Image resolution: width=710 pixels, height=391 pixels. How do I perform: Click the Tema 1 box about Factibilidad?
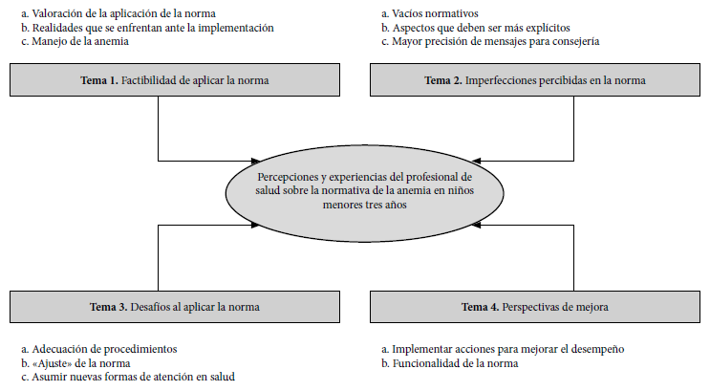[175, 79]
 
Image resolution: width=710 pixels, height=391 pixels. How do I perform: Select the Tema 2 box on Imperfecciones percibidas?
[535, 79]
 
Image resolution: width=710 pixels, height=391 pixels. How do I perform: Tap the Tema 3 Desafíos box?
[175, 307]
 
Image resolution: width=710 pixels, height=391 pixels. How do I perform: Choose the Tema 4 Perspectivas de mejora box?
[535, 307]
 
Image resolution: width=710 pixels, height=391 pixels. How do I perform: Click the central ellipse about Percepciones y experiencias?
[364, 193]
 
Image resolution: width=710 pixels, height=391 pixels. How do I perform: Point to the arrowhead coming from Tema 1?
[256, 161]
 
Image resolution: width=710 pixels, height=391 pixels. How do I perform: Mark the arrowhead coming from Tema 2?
[476, 161]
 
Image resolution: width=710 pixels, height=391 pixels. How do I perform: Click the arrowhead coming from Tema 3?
[256, 226]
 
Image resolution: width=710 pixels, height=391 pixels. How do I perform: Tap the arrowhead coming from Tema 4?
[476, 226]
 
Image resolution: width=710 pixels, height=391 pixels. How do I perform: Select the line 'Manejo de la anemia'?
[75, 41]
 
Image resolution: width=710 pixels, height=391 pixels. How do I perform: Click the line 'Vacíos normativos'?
[430, 13]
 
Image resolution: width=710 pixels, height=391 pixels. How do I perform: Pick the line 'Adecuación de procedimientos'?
[98, 349]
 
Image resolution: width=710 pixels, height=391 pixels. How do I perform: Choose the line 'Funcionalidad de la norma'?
[450, 363]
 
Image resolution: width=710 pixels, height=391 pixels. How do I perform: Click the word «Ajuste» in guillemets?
[52, 363]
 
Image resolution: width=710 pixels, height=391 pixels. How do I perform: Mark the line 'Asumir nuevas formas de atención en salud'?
[128, 377]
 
